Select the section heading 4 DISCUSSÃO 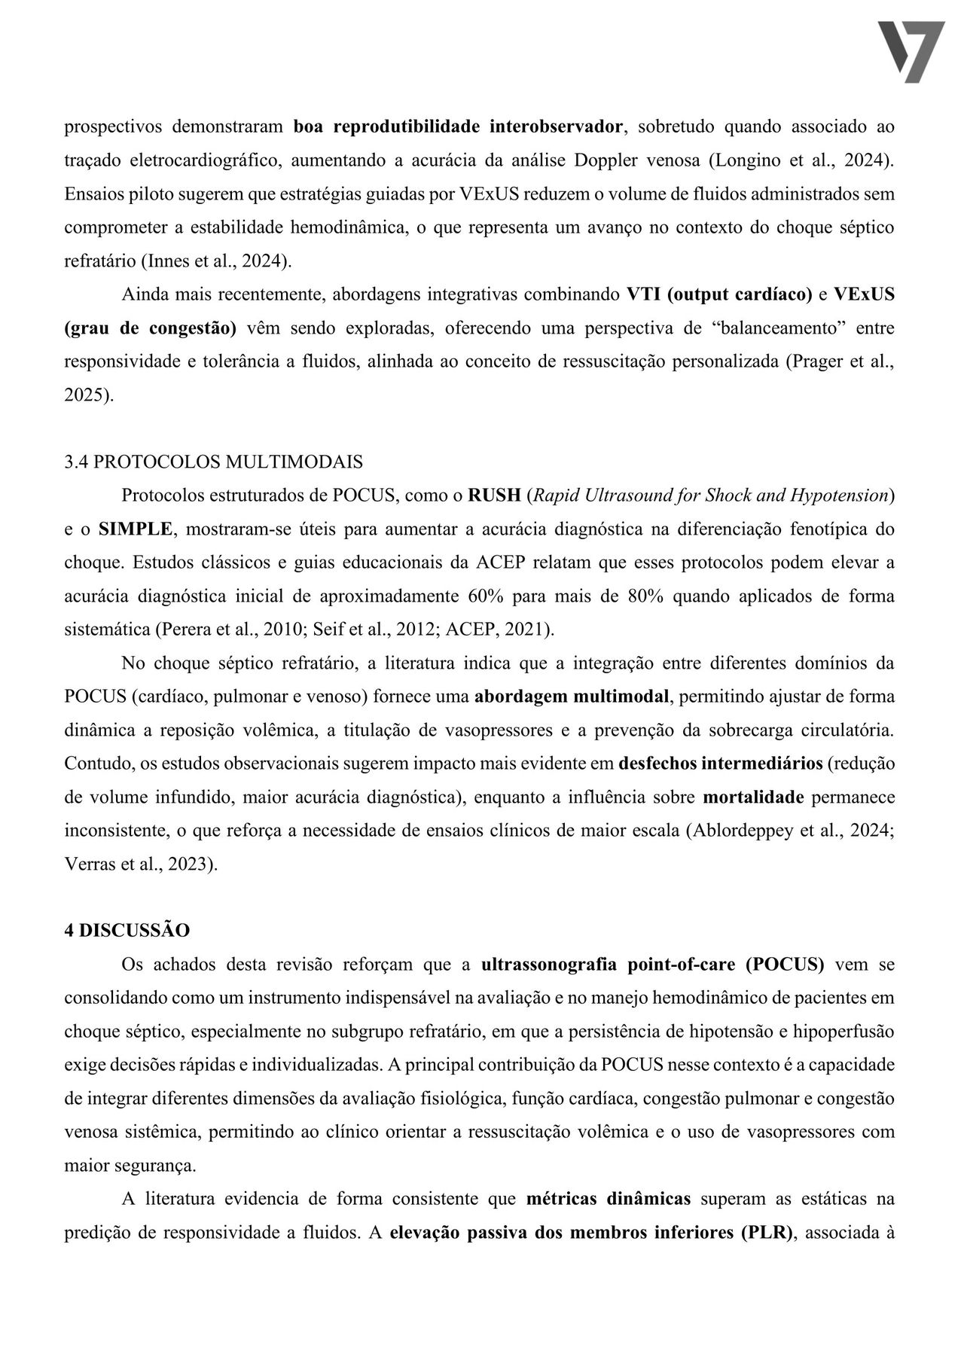pos(127,930)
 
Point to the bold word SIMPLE pos(136,529)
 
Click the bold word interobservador pos(556,127)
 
